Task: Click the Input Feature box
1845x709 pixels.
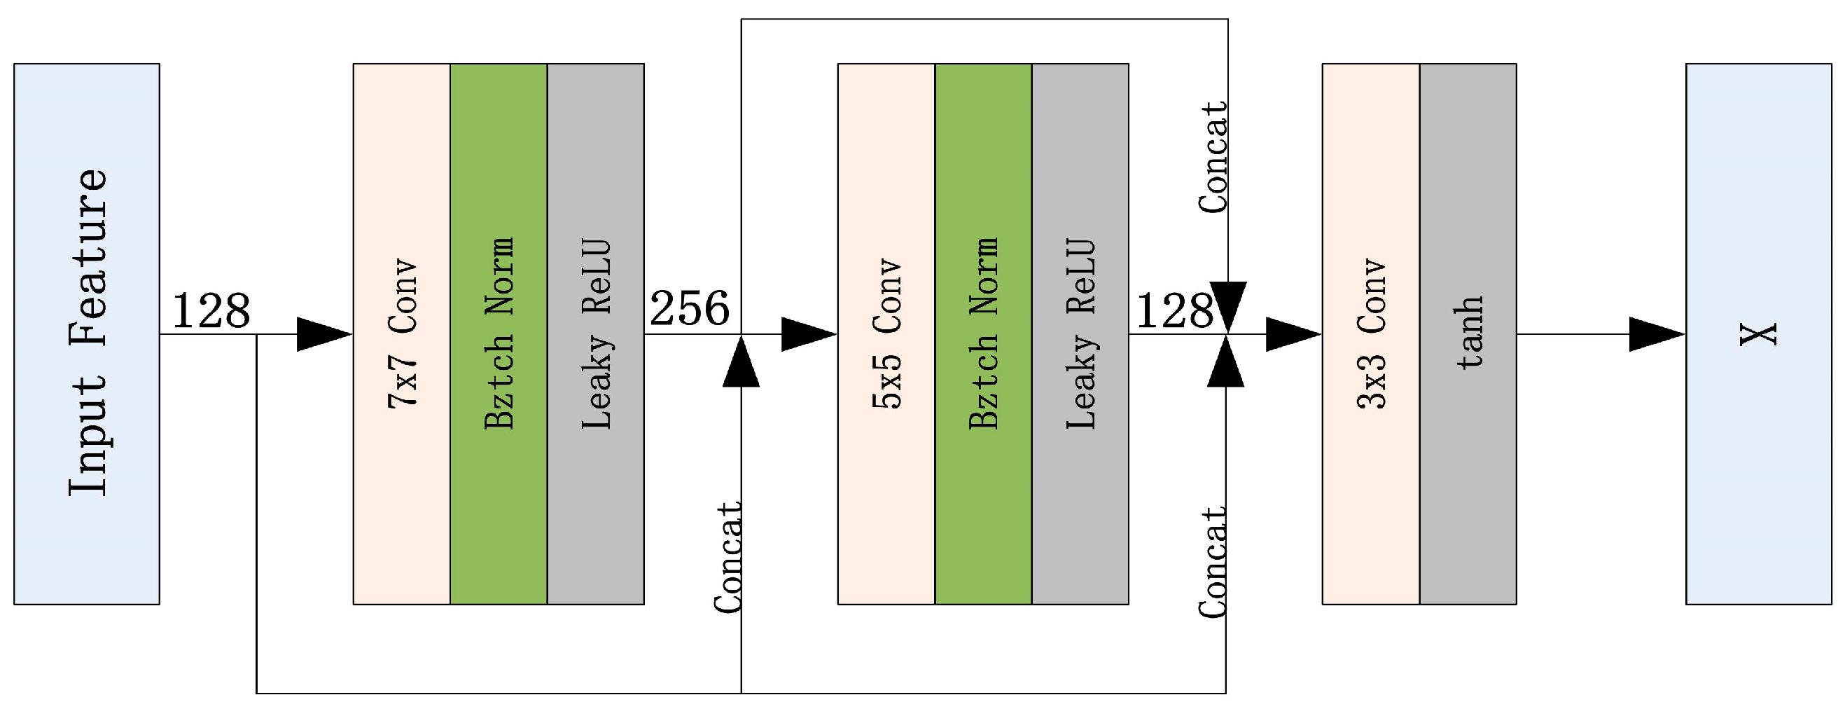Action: coord(87,334)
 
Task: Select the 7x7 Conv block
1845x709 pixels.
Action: coord(401,334)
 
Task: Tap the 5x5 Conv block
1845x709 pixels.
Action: coord(886,334)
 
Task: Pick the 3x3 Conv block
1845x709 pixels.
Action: coord(1370,334)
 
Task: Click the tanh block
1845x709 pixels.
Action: coord(1468,334)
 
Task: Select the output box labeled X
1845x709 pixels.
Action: coord(1758,334)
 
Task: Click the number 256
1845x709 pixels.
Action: coord(689,309)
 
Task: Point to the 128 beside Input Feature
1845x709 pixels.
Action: coord(211,311)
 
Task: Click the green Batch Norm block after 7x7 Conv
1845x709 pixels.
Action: coord(499,334)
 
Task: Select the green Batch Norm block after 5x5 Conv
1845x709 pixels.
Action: coord(982,334)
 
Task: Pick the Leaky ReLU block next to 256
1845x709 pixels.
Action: coord(595,334)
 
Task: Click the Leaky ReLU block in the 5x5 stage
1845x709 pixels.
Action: coord(1080,334)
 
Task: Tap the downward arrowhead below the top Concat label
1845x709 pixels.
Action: coord(1228,305)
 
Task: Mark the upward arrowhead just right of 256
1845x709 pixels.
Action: coord(742,364)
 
